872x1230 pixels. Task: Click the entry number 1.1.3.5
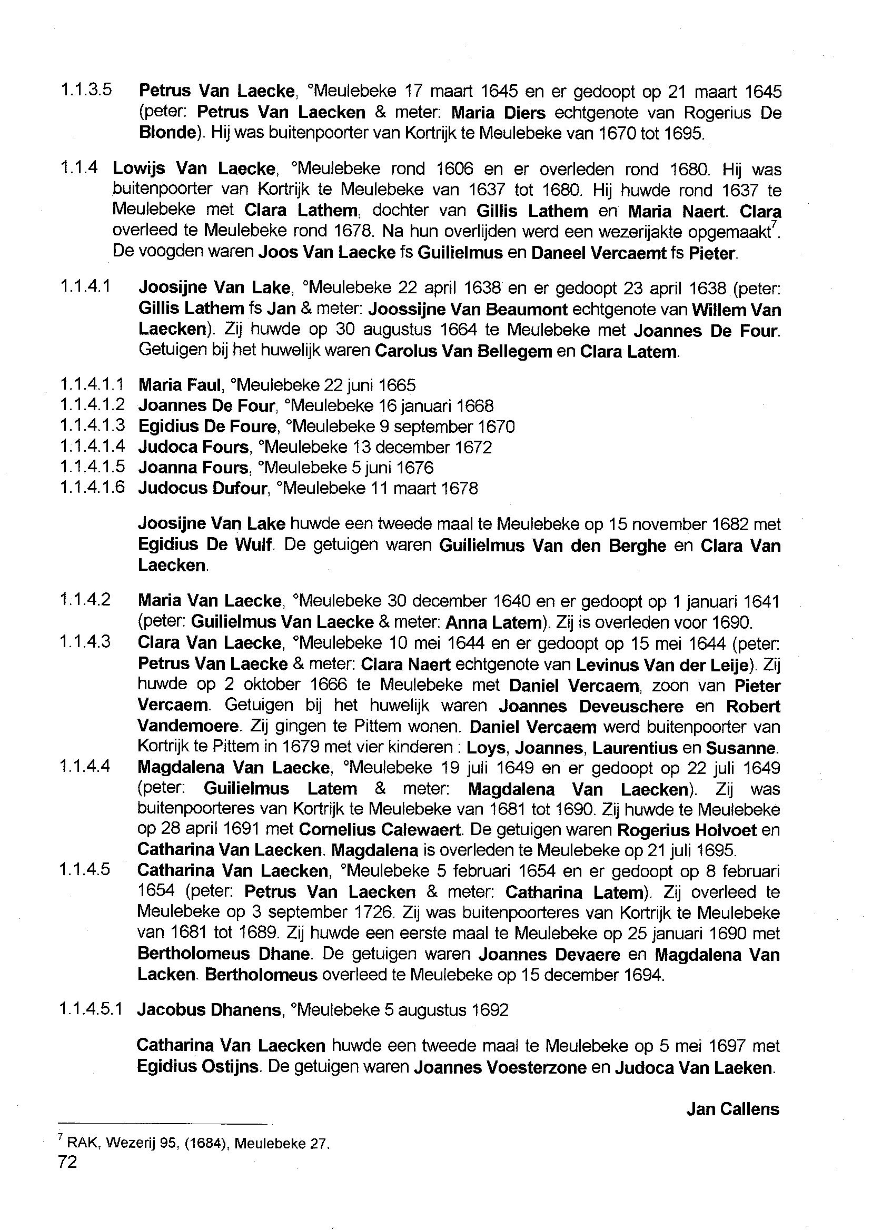click(86, 90)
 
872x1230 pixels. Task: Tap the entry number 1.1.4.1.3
click(92, 426)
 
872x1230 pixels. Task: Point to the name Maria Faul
click(180, 385)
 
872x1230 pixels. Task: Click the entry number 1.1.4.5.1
click(92, 1010)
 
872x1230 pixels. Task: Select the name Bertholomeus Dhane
click(224, 954)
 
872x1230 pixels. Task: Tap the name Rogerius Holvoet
click(687, 830)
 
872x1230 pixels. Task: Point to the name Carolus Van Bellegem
click(463, 352)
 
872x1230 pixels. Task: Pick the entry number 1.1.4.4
click(86, 766)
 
